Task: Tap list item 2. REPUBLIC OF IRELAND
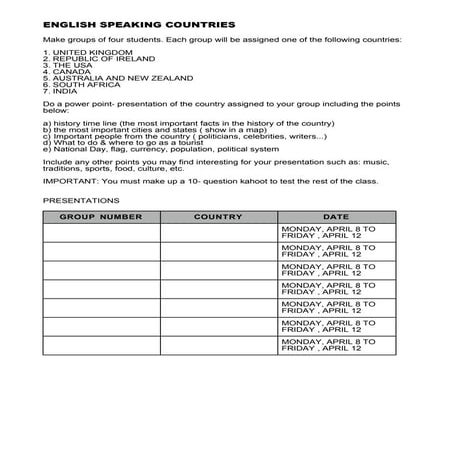point(89,59)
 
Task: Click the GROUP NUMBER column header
point(101,216)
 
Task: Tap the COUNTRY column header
point(218,216)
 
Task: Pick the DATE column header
point(336,216)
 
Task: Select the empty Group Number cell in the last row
point(101,345)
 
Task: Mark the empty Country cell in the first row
point(218,233)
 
